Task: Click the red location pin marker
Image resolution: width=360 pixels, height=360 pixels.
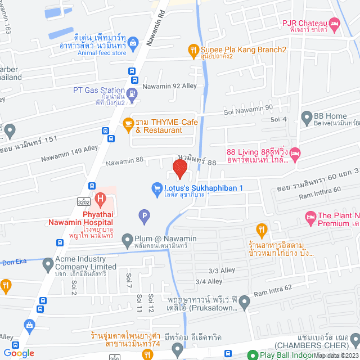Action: click(x=179, y=169)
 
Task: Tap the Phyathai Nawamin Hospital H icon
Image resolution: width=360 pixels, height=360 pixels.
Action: click(x=100, y=198)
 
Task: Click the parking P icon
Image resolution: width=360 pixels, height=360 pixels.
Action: click(x=144, y=214)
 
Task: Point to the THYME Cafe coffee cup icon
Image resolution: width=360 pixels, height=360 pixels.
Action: click(x=128, y=123)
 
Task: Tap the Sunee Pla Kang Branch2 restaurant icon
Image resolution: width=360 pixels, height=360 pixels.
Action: click(x=193, y=50)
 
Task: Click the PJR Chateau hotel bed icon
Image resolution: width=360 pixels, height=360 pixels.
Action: click(x=335, y=24)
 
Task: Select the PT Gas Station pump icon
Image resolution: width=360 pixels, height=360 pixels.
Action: click(x=132, y=93)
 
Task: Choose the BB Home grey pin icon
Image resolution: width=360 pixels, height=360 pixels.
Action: click(x=307, y=118)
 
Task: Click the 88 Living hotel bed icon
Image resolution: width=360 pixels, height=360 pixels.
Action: click(x=296, y=152)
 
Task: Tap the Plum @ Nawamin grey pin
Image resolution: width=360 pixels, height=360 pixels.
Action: click(x=127, y=238)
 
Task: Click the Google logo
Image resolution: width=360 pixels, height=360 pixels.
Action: click(x=19, y=353)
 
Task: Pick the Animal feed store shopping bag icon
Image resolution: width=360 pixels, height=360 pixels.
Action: click(x=133, y=41)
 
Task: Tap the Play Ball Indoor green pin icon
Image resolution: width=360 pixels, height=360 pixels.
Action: click(x=253, y=355)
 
